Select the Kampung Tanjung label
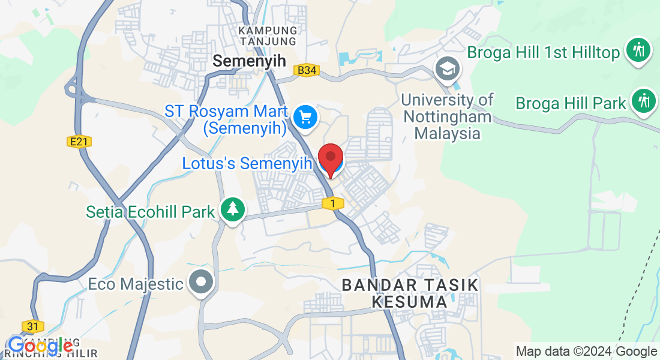pos(268,35)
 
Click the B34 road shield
pos(307,71)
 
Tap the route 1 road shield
pos(332,204)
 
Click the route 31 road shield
pos(32,326)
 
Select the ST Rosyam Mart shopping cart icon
pos(307,116)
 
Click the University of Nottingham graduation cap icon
pos(448,69)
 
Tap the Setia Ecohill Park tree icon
pos(232,209)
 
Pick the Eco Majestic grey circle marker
pos(201,281)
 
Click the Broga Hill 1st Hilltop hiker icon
pos(638,50)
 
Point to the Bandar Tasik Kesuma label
pos(410,293)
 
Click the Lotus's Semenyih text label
pos(248,163)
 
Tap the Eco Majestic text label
pos(136,283)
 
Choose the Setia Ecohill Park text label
pos(151,212)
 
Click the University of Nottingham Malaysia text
pos(448,116)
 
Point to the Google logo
pos(40,346)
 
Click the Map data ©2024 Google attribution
pos(587,352)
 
